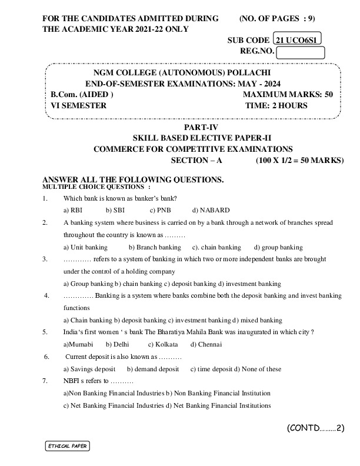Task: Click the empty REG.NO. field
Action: [301, 52]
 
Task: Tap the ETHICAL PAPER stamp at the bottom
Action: [68, 446]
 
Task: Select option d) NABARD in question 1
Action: [211, 210]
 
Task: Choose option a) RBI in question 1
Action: [73, 210]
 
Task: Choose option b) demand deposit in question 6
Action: [153, 370]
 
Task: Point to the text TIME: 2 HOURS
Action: [276, 106]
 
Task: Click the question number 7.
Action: [45, 381]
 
